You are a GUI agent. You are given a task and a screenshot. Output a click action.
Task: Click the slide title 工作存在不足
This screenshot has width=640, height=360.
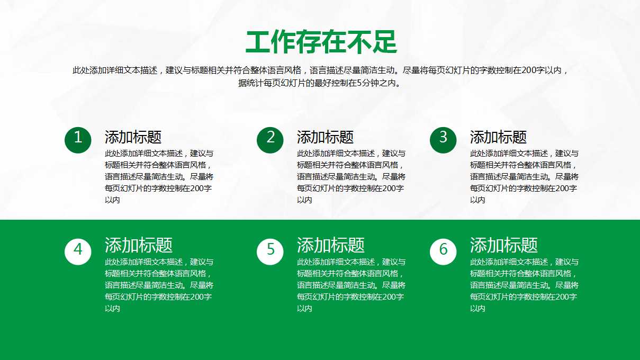[x=321, y=42]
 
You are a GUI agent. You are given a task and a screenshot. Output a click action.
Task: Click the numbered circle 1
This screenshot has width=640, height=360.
[x=78, y=140]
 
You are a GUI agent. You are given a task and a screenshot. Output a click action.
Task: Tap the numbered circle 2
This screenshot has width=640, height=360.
[x=270, y=140]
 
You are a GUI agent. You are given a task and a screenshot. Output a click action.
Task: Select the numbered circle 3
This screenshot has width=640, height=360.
[x=443, y=140]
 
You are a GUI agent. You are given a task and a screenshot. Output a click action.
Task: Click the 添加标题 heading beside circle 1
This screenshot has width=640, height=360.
[x=133, y=137]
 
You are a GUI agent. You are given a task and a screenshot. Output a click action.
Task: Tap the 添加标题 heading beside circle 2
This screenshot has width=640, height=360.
[x=325, y=137]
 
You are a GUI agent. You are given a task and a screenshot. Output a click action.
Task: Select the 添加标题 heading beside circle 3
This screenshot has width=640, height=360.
[x=498, y=137]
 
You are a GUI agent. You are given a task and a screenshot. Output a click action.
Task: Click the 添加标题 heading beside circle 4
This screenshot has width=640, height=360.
[x=139, y=245]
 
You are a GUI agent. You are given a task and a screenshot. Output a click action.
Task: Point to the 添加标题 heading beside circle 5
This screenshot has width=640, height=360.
[x=331, y=245]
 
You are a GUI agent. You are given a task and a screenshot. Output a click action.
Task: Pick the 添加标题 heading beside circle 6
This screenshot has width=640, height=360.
[x=504, y=245]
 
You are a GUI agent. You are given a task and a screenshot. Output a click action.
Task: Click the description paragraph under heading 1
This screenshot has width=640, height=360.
[x=159, y=177]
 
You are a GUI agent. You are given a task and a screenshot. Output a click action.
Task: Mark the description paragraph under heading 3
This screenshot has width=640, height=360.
[x=524, y=177]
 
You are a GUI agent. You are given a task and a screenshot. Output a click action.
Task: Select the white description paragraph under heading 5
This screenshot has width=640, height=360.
[x=351, y=285]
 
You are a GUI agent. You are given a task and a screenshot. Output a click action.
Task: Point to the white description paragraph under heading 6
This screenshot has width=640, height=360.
[x=524, y=285]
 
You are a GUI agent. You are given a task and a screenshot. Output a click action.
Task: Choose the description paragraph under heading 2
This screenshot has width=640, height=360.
[x=351, y=177]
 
